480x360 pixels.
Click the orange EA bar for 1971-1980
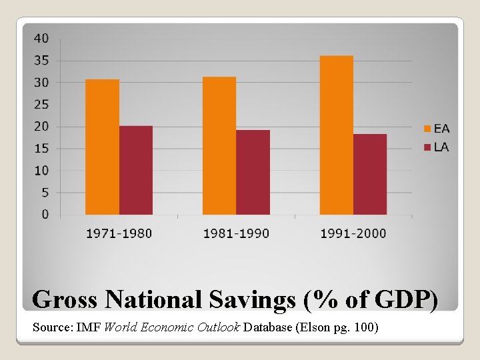[102, 147]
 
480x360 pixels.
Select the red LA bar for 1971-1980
[136, 170]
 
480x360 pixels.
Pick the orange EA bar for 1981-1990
[219, 145]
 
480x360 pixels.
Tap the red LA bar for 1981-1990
[253, 172]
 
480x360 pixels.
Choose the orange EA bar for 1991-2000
[336, 135]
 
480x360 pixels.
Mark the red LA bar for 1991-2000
[370, 174]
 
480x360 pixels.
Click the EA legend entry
[437, 128]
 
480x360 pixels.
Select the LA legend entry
[437, 147]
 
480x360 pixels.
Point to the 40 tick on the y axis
[41, 39]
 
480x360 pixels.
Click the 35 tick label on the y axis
[41, 61]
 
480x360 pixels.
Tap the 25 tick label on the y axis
[41, 105]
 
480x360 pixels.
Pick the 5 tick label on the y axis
[45, 193]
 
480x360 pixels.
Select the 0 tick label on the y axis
[45, 215]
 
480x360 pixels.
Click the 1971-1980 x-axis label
[119, 233]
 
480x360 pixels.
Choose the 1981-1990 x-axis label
[236, 233]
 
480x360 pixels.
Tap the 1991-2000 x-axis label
[353, 233]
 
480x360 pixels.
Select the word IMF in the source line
[89, 328]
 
